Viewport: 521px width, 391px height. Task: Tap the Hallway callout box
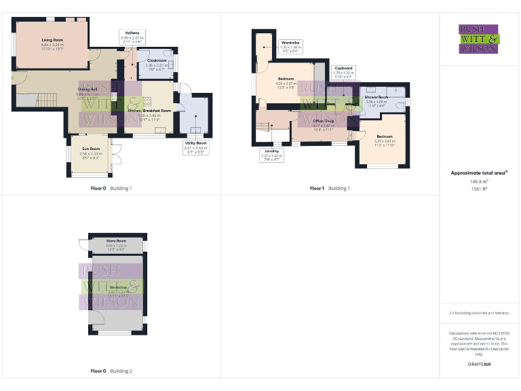tap(132, 37)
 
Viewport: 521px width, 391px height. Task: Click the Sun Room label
tap(91, 151)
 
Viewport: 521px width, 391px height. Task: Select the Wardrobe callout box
tap(291, 46)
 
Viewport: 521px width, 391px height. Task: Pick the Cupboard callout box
tap(343, 72)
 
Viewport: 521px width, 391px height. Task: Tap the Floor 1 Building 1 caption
tap(330, 188)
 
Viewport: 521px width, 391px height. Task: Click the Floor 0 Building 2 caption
tap(111, 371)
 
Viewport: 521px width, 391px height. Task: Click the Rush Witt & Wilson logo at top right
tap(479, 39)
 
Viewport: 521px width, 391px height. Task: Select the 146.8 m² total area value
tap(479, 181)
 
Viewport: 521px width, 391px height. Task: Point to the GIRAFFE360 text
tap(479, 365)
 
